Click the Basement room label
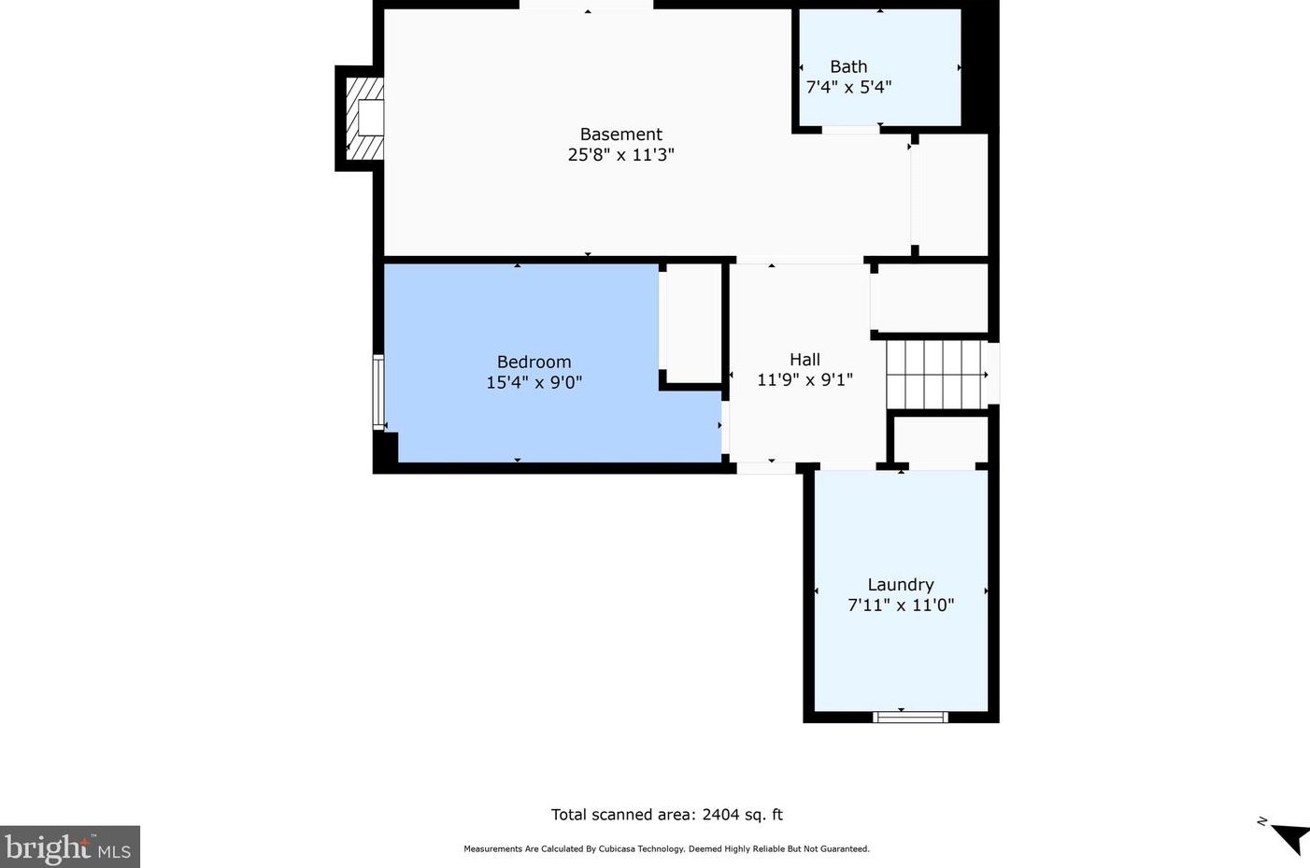[x=621, y=134]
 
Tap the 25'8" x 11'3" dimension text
[x=621, y=155]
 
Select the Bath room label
[x=848, y=66]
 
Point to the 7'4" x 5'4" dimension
[x=848, y=87]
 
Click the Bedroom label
[x=534, y=363]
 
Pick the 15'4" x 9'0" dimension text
[x=534, y=382]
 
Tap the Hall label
[x=805, y=359]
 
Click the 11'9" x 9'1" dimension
[x=805, y=380]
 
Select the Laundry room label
[x=901, y=584]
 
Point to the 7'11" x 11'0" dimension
[x=901, y=605]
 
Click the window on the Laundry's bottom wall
[x=911, y=717]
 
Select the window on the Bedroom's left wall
[x=379, y=392]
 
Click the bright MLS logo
[x=69, y=847]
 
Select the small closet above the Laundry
[x=941, y=439]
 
